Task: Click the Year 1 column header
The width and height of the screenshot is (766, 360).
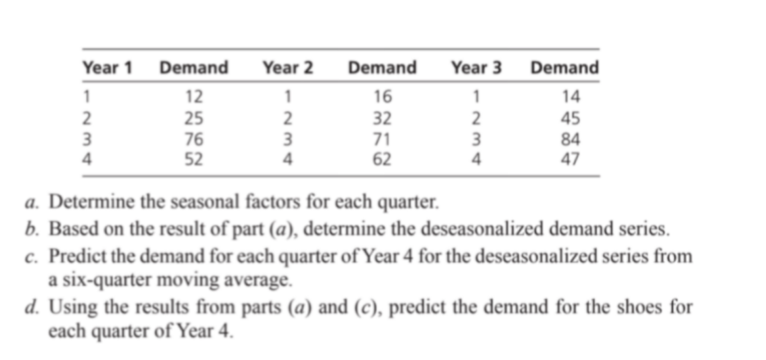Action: pyautogui.click(x=108, y=67)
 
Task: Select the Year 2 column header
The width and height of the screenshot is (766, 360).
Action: pyautogui.click(x=288, y=67)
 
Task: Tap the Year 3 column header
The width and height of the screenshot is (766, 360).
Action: pyautogui.click(x=476, y=67)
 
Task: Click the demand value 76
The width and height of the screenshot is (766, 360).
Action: pyautogui.click(x=194, y=139)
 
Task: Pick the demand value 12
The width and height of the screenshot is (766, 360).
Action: pyautogui.click(x=194, y=97)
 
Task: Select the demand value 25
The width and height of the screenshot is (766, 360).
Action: pyautogui.click(x=194, y=119)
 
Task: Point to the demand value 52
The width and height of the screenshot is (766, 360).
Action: pyautogui.click(x=194, y=159)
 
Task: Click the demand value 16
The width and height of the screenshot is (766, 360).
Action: pyautogui.click(x=382, y=97)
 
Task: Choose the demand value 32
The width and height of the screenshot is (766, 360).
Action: pyautogui.click(x=382, y=119)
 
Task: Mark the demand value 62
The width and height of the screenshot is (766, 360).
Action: pyautogui.click(x=382, y=159)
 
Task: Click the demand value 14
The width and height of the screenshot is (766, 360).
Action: pyautogui.click(x=571, y=97)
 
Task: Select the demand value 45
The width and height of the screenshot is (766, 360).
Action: pyautogui.click(x=571, y=119)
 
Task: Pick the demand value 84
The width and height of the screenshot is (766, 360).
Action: pyautogui.click(x=571, y=139)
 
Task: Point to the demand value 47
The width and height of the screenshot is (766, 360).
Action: pyautogui.click(x=571, y=159)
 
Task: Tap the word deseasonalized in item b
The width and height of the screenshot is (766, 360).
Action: pyautogui.click(x=484, y=229)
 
